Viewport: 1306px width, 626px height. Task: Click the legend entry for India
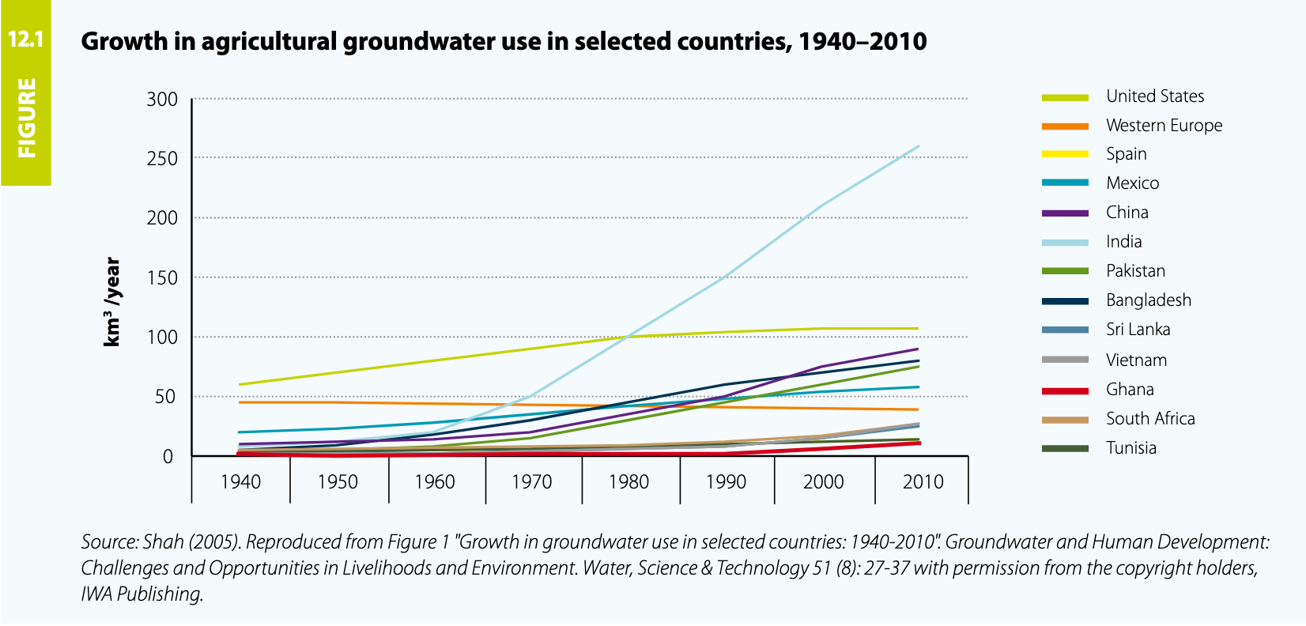(x=1123, y=242)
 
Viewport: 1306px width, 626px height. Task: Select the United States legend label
(x=1155, y=96)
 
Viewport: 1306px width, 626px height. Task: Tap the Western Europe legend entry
(x=1164, y=126)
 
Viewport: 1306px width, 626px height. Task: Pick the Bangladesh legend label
(x=1148, y=300)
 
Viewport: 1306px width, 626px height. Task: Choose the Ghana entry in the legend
(x=1130, y=390)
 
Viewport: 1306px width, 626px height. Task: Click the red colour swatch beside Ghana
(x=1065, y=390)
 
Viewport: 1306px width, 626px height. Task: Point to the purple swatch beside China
(x=1065, y=213)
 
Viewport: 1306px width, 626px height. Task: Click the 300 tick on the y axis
(x=162, y=100)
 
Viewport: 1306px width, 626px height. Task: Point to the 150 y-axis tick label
(x=162, y=277)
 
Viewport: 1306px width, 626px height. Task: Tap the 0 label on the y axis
(x=168, y=456)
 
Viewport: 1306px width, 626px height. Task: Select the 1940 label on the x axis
(x=240, y=482)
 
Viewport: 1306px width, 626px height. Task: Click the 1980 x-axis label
(x=628, y=482)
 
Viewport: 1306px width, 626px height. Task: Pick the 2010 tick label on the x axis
(x=923, y=482)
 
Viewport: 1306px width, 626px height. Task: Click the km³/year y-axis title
(x=112, y=302)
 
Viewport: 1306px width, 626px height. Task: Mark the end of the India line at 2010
(x=919, y=146)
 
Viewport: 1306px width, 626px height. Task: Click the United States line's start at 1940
(x=240, y=384)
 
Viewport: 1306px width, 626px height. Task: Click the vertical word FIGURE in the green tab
(x=27, y=118)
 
